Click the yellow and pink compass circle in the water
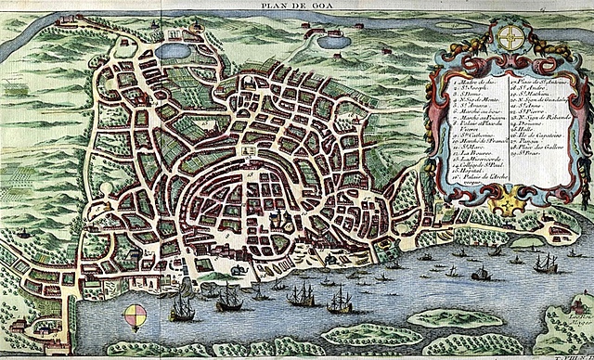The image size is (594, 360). pyautogui.click(x=136, y=315)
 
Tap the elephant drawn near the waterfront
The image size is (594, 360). pyautogui.click(x=239, y=270)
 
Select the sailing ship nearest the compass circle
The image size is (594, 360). pyautogui.click(x=182, y=307)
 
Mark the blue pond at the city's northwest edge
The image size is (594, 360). pyautogui.click(x=171, y=51)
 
